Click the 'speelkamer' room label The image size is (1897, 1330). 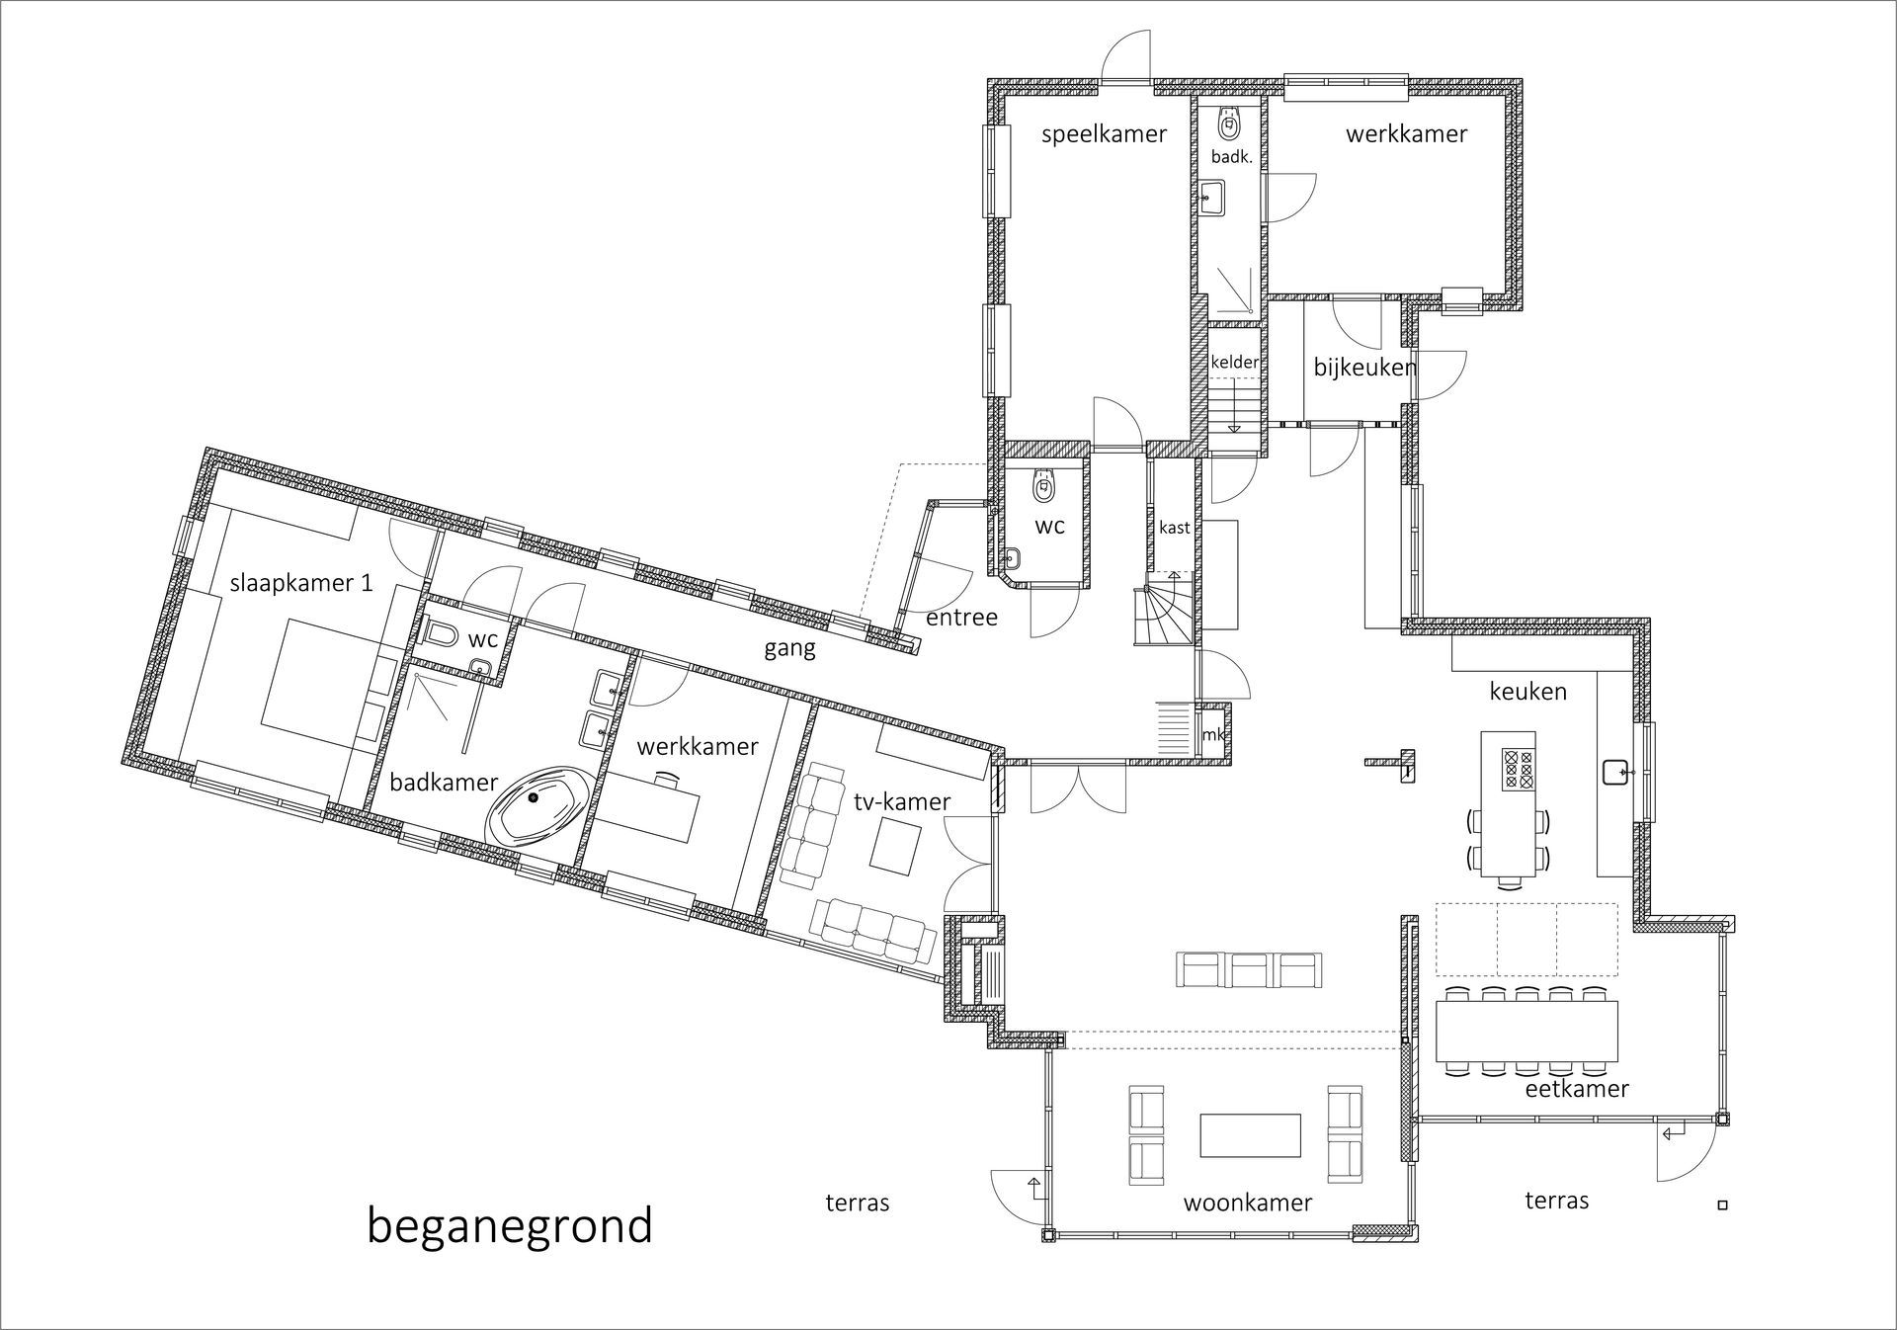coord(1104,135)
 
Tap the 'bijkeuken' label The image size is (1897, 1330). coord(1364,368)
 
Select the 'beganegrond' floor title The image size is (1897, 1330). coord(510,1226)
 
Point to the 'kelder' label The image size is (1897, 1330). coord(1234,362)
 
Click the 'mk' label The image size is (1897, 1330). coord(1212,735)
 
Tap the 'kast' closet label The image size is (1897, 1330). coord(1174,528)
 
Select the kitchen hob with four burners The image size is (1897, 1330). coord(1518,769)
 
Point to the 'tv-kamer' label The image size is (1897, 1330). coord(902,801)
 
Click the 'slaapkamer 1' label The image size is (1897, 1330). coord(301,583)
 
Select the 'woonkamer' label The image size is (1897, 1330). coord(1247,1203)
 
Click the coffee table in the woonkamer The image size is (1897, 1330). coord(1250,1134)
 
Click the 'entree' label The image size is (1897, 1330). coord(961,618)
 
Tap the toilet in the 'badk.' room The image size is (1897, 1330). coord(1229,123)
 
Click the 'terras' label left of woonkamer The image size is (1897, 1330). coord(858,1203)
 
